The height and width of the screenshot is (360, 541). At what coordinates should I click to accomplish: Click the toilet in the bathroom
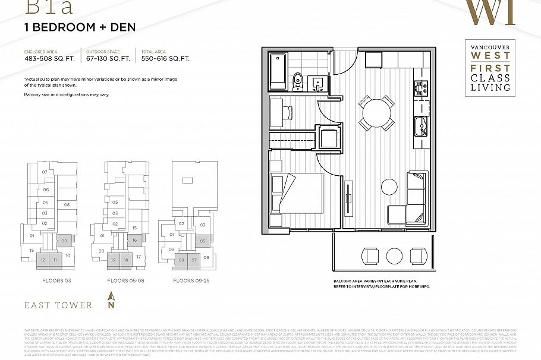tap(298, 81)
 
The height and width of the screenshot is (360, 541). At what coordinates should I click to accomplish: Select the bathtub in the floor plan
tap(278, 71)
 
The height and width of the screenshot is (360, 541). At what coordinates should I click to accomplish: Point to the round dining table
tap(376, 112)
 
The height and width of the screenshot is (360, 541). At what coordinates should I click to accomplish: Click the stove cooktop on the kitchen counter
tap(420, 88)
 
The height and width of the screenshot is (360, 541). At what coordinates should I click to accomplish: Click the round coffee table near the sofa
tap(389, 186)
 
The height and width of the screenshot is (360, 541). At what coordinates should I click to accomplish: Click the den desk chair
tap(287, 111)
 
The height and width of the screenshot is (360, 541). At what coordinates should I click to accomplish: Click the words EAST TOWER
tap(58, 305)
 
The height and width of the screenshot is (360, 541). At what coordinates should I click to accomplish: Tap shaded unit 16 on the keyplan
tap(135, 241)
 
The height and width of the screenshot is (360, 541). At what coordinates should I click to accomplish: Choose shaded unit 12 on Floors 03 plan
tap(42, 260)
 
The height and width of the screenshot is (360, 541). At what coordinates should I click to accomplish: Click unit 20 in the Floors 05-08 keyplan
tap(102, 251)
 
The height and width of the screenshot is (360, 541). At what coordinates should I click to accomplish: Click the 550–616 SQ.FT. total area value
tap(165, 59)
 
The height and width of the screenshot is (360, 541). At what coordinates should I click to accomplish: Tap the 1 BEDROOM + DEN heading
tap(80, 27)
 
